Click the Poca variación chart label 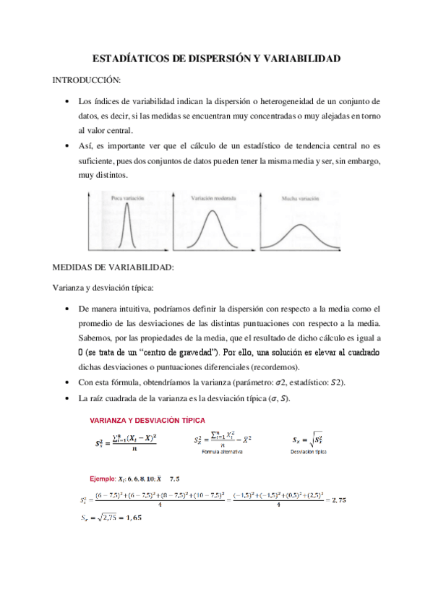coord(127,197)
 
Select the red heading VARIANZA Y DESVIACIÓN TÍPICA coord(147,419)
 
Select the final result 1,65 coord(132,518)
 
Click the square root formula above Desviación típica coord(306,438)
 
